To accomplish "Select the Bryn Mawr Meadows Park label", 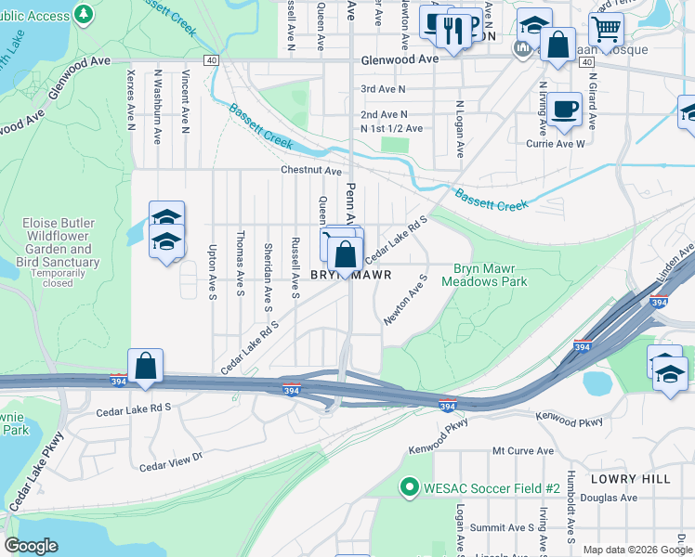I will [484, 275].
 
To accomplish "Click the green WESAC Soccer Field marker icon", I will [407, 486].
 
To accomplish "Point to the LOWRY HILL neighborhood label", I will [637, 478].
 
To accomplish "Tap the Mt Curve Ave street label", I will [523, 451].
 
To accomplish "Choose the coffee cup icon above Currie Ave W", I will [564, 110].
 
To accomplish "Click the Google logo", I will [32, 546].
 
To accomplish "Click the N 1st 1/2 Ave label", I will [391, 128].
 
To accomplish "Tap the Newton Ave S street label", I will [405, 300].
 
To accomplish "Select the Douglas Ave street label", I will [616, 498].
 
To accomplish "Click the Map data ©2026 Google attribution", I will [636, 550].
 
